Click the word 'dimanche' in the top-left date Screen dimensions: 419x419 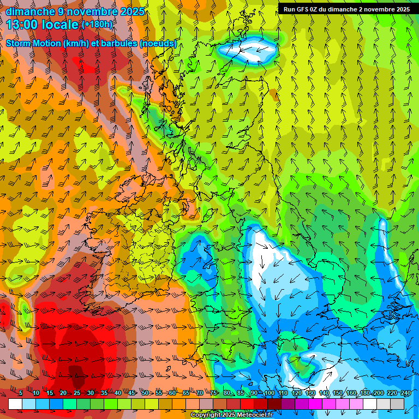[31, 11]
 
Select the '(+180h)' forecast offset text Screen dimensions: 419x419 [97, 25]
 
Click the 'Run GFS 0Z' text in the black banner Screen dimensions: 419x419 [302, 9]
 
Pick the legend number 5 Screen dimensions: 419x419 [21, 393]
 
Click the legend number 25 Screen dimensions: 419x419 [76, 393]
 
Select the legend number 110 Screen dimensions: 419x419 [283, 393]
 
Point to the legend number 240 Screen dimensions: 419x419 [405, 393]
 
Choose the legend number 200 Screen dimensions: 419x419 [378, 393]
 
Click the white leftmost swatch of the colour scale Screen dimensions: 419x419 [15, 404]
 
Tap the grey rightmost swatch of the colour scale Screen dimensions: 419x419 [397, 404]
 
